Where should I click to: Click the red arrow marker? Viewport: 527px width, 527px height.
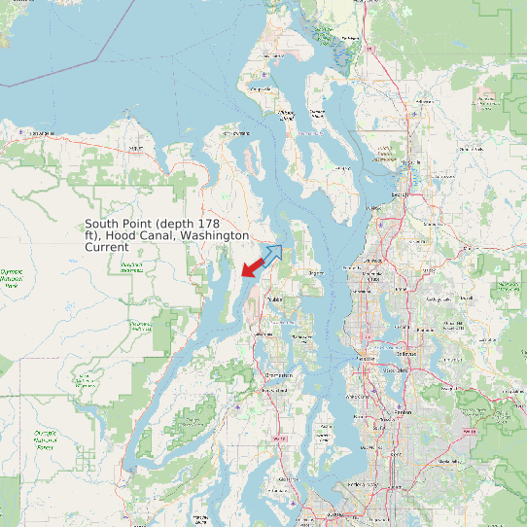click(254, 264)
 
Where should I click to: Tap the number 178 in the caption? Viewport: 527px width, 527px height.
click(221, 225)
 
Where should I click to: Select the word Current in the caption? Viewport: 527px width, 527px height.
click(107, 248)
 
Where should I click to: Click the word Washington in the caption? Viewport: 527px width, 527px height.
click(215, 236)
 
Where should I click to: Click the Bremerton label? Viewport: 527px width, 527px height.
click(280, 373)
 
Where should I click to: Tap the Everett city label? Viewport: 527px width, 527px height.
click(399, 194)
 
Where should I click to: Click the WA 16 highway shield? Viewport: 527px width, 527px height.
click(280, 439)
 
